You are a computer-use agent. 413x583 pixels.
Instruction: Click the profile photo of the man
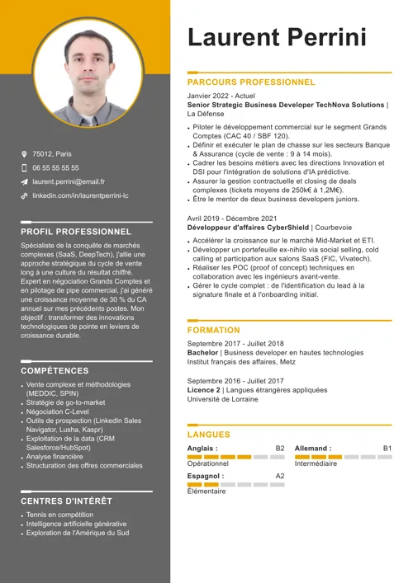tap(88, 73)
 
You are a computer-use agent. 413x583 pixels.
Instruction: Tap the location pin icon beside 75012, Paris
tap(25, 154)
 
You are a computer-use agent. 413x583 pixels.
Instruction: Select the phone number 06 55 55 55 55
tap(56, 167)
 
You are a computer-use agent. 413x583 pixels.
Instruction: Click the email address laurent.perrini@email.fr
tap(69, 181)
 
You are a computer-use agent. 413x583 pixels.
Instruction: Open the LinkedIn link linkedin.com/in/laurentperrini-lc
tap(80, 195)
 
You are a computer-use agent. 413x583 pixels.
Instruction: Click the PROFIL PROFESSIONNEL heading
tap(75, 232)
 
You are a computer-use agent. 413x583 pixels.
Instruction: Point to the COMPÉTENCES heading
tap(55, 371)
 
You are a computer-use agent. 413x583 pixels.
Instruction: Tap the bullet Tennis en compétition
tap(59, 515)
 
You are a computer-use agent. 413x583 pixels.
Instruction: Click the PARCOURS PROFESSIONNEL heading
tap(251, 82)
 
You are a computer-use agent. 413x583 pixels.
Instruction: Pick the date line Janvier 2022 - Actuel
tap(221, 96)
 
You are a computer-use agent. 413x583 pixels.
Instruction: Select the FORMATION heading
tap(213, 330)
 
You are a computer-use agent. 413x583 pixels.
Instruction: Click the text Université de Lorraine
tap(223, 399)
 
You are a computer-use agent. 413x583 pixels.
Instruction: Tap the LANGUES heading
tap(208, 435)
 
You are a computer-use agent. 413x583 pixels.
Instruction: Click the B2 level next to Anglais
tap(280, 449)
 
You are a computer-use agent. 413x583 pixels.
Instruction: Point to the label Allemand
tap(313, 449)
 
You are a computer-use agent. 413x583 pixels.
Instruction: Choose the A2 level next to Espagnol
tap(280, 476)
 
